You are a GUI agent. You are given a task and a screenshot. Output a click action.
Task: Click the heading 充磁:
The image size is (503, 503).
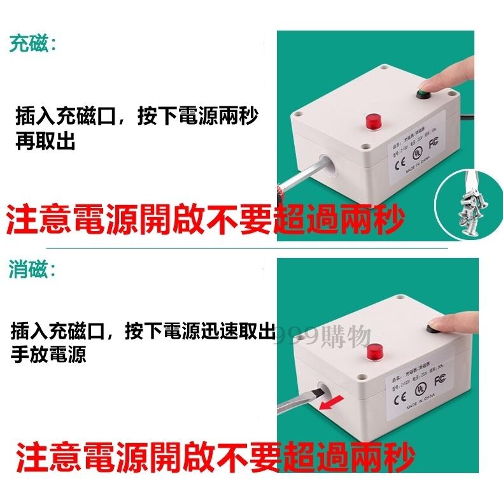click(x=32, y=44)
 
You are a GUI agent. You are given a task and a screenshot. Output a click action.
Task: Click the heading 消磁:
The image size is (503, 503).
click(x=32, y=270)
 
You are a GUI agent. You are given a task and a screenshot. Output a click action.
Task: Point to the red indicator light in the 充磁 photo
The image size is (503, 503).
click(x=371, y=120)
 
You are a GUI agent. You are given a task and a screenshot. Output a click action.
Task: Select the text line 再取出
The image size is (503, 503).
click(x=46, y=141)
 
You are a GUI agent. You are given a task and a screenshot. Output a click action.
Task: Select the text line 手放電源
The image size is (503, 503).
click(x=49, y=354)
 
